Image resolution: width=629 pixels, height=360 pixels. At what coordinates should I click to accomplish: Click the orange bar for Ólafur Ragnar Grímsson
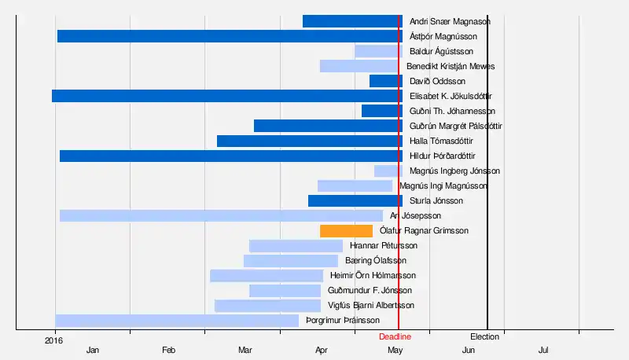pyautogui.click(x=346, y=231)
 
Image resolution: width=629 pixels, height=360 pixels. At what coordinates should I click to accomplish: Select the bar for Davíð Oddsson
pyautogui.click(x=385, y=81)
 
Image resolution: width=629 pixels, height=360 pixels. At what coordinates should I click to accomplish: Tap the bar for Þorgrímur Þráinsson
pyautogui.click(x=177, y=321)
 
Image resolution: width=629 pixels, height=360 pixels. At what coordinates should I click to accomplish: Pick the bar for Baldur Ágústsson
pyautogui.click(x=378, y=51)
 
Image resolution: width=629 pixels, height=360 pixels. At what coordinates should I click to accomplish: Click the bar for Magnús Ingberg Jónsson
pyautogui.click(x=388, y=171)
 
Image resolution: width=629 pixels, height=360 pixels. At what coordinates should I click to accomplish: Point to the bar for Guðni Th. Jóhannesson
pyautogui.click(x=381, y=111)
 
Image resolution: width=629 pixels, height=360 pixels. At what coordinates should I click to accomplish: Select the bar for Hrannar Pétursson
pyautogui.click(x=296, y=246)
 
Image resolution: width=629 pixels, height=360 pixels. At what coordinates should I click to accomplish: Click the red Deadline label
pyautogui.click(x=395, y=337)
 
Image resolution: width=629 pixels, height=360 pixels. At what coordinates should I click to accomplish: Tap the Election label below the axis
pyautogui.click(x=485, y=337)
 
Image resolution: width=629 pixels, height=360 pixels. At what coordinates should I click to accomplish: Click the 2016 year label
pyautogui.click(x=53, y=340)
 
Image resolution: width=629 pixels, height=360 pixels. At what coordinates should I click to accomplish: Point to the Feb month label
pyautogui.click(x=168, y=350)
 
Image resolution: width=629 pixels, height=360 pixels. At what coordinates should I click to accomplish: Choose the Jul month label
pyautogui.click(x=543, y=350)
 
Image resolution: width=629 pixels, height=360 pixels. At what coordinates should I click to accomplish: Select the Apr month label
pyautogui.click(x=321, y=350)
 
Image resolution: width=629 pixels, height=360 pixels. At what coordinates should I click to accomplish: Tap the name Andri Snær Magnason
pyautogui.click(x=450, y=21)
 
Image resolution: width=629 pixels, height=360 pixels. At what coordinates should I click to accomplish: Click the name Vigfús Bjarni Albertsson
pyautogui.click(x=371, y=306)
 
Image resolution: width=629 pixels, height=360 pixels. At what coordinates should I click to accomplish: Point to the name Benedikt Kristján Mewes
pyautogui.click(x=451, y=66)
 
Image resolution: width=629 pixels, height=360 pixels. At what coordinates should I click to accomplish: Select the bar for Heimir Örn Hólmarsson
pyautogui.click(x=267, y=276)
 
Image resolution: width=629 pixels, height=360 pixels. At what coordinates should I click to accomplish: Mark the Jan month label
pyautogui.click(x=93, y=350)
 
